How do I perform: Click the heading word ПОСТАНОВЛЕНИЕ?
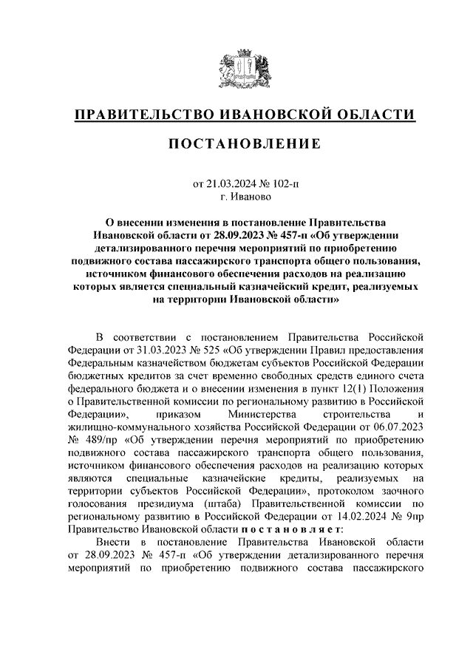click(236, 143)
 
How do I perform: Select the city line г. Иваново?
click(236, 197)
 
